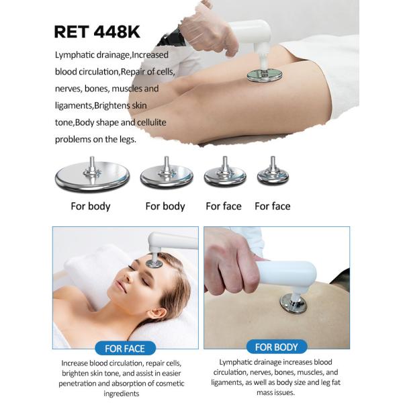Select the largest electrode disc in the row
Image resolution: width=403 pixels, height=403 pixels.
pyautogui.click(x=91, y=175)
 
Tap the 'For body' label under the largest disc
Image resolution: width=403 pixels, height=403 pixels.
pyautogui.click(x=91, y=206)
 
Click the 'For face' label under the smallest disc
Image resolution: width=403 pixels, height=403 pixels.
pyautogui.click(x=272, y=206)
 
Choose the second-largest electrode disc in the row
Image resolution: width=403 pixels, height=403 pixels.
pyautogui.click(x=166, y=176)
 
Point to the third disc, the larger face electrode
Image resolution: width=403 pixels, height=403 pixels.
pyautogui.click(x=224, y=176)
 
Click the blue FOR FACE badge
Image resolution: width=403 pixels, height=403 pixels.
pyautogui.click(x=125, y=348)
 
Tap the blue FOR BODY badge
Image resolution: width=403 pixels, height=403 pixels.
pyautogui.click(x=277, y=347)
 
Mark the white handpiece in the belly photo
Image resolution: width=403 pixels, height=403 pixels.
pyautogui.click(x=289, y=274)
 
